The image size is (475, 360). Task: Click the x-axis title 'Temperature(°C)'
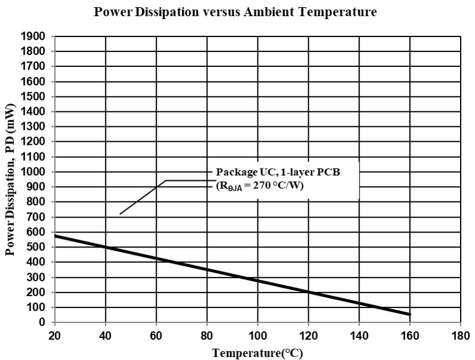258,352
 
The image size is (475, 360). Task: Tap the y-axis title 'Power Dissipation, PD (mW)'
10,179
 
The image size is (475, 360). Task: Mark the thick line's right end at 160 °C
409,314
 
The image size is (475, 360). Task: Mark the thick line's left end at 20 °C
56,236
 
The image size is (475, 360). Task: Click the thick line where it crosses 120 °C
308,292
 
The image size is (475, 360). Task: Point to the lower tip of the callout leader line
120,213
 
